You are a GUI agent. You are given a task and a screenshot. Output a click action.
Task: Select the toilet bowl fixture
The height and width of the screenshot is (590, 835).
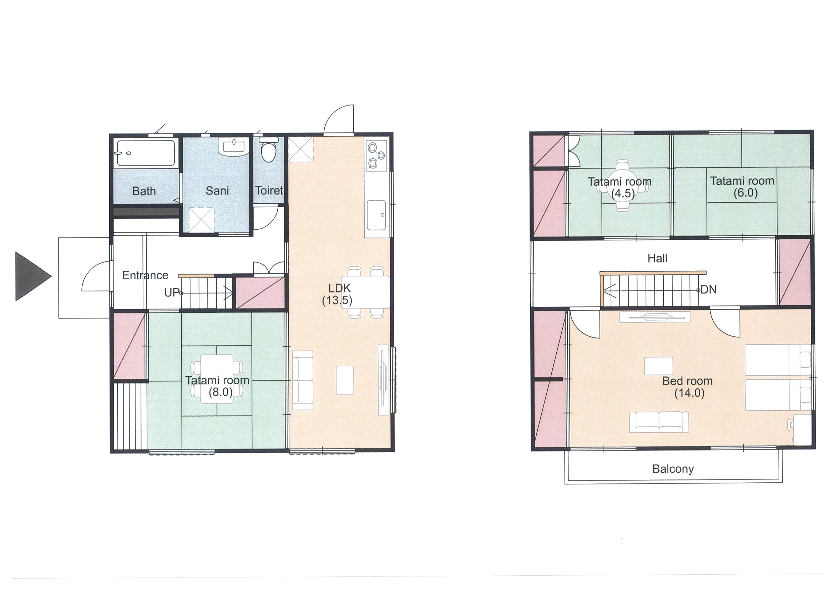pyautogui.click(x=269, y=150)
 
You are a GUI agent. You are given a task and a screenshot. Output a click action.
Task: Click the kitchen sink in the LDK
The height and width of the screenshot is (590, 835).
pyautogui.click(x=376, y=215)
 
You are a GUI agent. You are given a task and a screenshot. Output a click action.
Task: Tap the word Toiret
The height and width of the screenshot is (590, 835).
pyautogui.click(x=269, y=190)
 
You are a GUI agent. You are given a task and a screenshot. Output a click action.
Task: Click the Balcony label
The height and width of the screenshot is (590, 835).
pyautogui.click(x=673, y=469)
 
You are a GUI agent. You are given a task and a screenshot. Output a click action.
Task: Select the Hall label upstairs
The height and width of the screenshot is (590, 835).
pyautogui.click(x=658, y=259)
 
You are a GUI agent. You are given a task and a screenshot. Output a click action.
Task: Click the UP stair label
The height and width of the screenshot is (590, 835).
pyautogui.click(x=172, y=293)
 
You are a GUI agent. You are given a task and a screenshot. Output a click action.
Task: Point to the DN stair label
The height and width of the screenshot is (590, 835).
pyautogui.click(x=709, y=290)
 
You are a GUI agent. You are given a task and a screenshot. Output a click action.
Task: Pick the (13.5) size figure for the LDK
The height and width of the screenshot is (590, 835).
pyautogui.click(x=337, y=301)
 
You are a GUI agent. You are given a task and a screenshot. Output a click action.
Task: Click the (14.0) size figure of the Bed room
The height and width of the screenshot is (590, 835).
pyautogui.click(x=689, y=393)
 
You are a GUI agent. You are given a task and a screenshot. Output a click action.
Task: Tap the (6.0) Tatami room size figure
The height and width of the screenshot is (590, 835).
pyautogui.click(x=745, y=193)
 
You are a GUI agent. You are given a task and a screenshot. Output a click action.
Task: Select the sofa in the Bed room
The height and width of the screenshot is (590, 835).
pyautogui.click(x=659, y=422)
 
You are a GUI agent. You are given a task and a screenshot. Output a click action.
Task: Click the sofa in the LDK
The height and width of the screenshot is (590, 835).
pyautogui.click(x=303, y=380)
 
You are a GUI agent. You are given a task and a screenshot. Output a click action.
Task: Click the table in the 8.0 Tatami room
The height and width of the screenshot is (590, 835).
pyautogui.click(x=217, y=379)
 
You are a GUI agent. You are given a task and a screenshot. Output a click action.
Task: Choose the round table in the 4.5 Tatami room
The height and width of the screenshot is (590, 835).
pyautogui.click(x=623, y=185)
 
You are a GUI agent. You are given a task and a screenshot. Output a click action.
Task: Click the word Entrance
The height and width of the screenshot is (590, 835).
pyautogui.click(x=145, y=275)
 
